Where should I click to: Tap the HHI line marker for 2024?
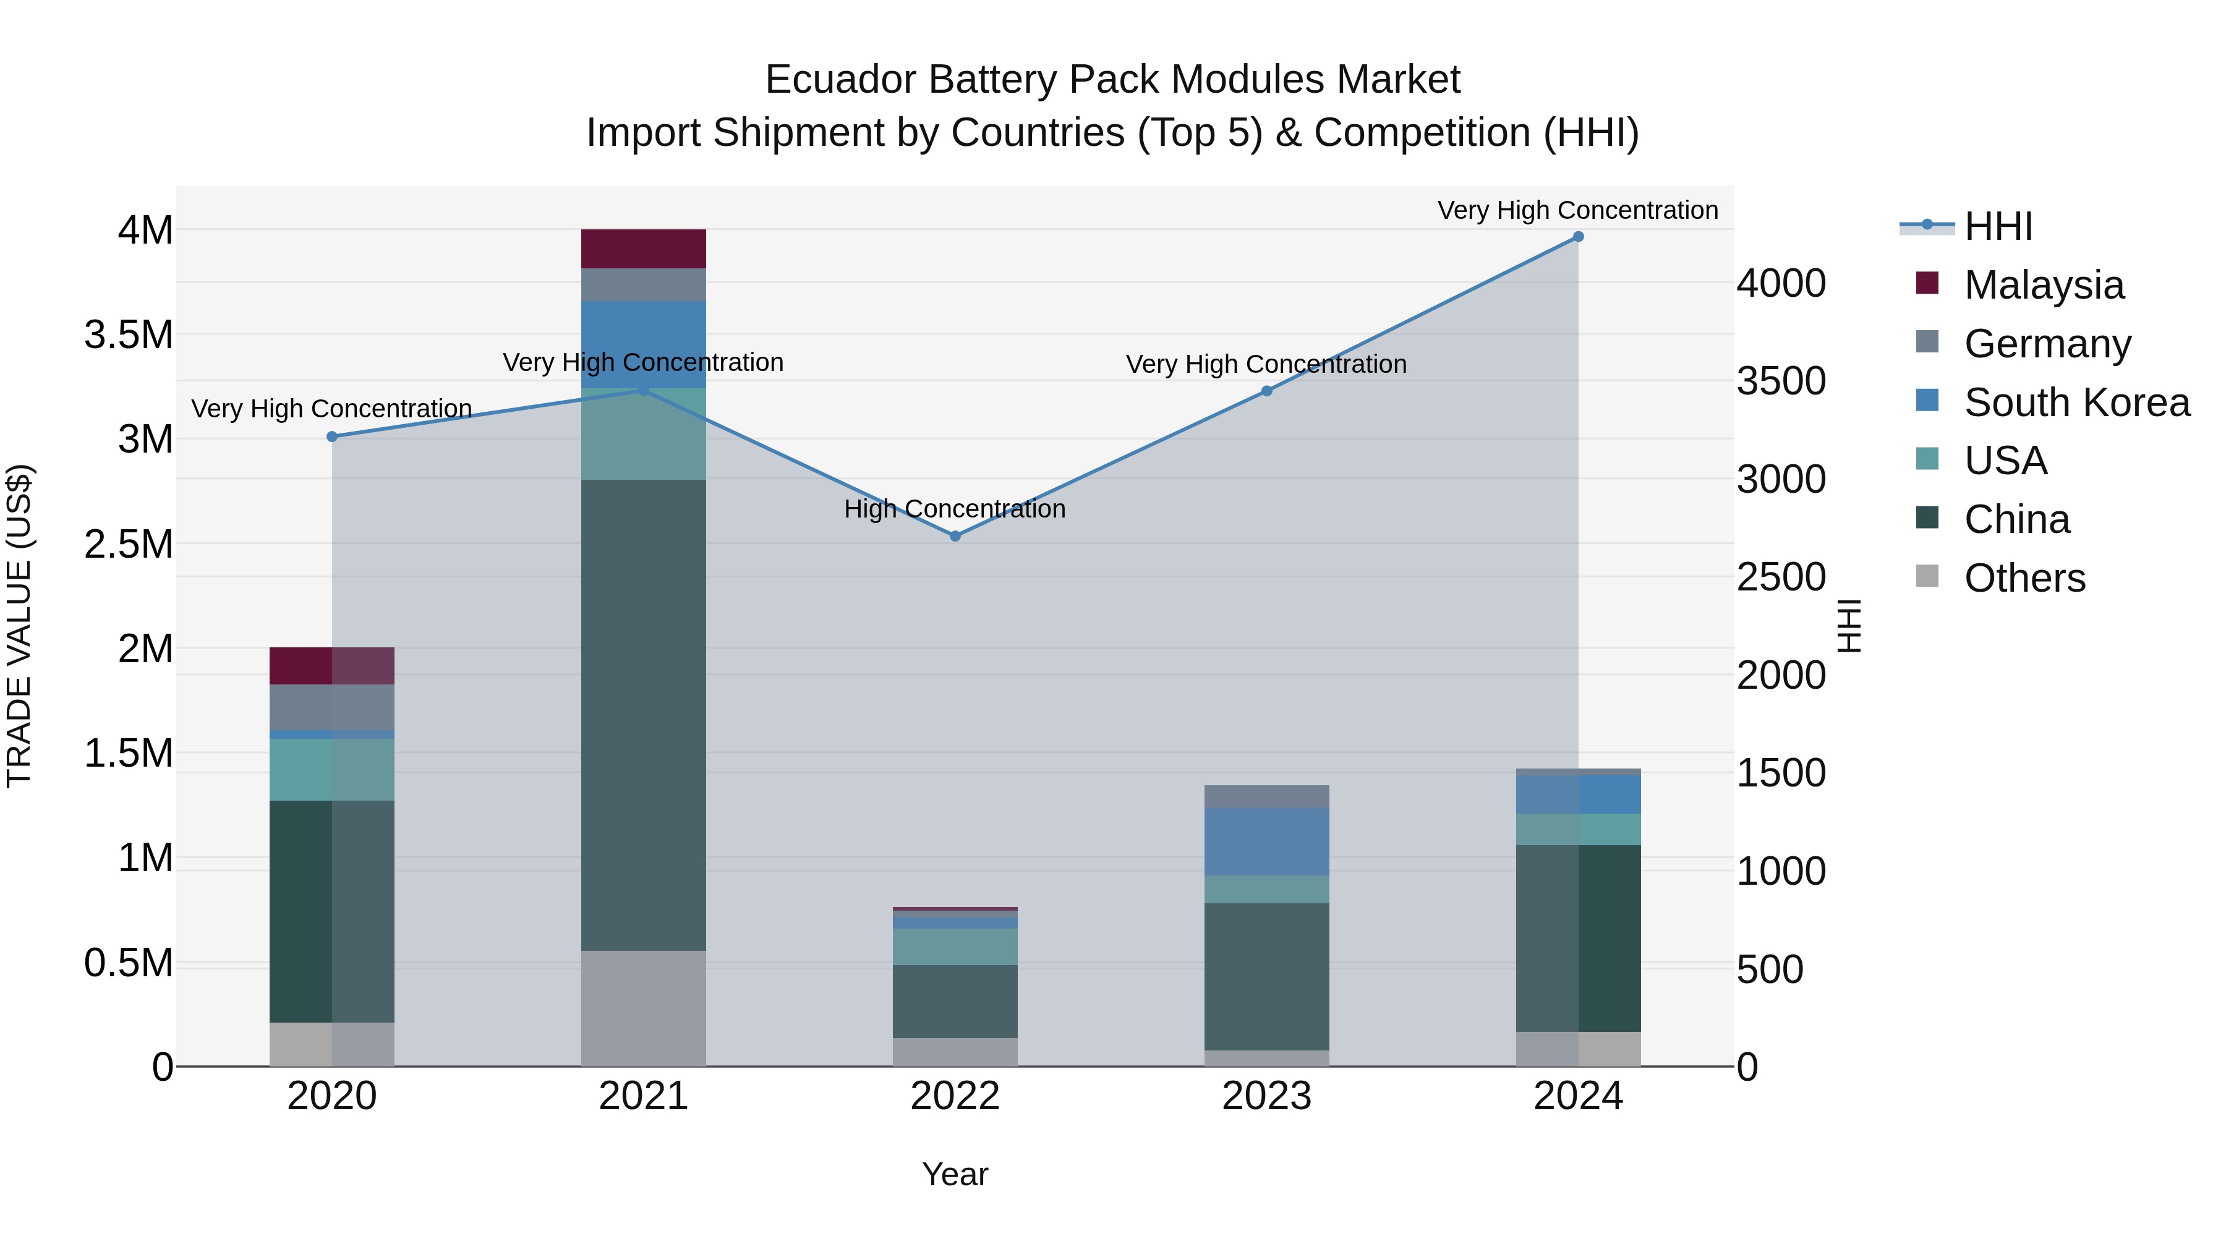[1578, 237]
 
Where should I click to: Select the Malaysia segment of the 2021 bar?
[643, 249]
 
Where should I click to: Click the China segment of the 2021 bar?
[643, 715]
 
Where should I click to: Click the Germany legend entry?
[2047, 344]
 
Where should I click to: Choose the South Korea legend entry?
[2076, 402]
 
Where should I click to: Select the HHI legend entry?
[1997, 226]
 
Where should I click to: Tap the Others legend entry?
[2024, 578]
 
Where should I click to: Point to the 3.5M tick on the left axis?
[129, 335]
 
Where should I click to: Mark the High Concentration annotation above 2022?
[955, 509]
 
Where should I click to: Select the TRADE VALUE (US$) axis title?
[19, 626]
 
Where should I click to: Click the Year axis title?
[955, 1174]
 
